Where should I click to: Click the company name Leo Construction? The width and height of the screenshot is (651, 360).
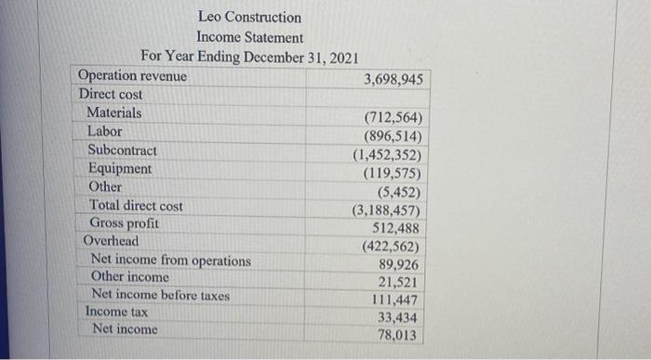249,18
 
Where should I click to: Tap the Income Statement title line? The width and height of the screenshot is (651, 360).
249,37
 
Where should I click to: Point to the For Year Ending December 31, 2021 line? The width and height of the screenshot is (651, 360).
249,57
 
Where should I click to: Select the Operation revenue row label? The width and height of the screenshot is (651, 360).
132,75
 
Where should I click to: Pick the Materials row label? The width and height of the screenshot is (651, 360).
114,113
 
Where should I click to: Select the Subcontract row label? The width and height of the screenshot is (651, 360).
122,150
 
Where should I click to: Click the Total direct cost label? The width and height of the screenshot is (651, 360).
136,206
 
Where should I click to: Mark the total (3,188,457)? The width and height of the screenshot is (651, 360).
387,210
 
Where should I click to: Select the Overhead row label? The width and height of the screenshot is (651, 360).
111,241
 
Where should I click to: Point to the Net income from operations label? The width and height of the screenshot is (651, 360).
170,260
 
